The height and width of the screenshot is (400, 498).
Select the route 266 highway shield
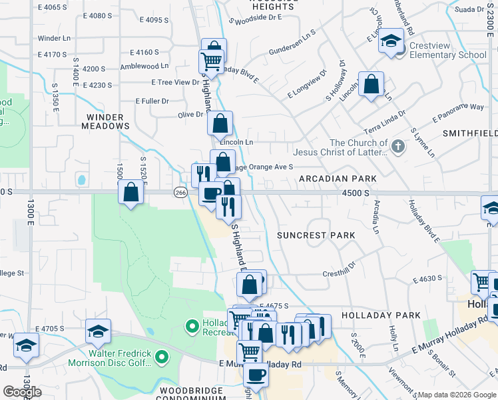pos(180,193)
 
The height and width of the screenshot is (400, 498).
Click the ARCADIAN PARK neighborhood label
pos(338,179)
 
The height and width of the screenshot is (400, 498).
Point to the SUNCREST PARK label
pos(316,235)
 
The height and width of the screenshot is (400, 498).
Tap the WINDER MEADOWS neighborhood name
pos(105,120)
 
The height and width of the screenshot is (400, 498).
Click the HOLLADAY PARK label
pos(381,315)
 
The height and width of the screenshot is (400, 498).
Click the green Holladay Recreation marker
pos(192,326)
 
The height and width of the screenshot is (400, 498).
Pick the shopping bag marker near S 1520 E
pos(131,193)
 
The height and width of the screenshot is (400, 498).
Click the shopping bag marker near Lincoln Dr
pos(372,85)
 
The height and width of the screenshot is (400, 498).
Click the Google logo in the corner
pos(23,391)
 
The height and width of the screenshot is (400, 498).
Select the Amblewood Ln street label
pos(144,66)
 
